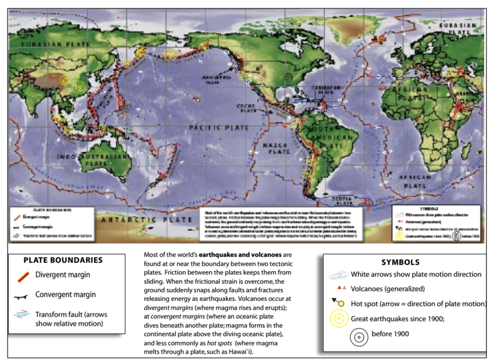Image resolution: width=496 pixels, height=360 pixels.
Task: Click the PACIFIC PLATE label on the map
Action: click(219, 128)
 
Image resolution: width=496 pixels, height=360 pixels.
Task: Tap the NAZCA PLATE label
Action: click(276, 148)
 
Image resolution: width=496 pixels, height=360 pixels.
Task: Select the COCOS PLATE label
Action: click(246, 108)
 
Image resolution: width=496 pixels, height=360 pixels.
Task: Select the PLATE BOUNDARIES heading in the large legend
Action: click(63, 260)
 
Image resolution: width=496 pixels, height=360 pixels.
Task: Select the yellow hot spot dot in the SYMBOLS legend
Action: click(341, 304)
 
